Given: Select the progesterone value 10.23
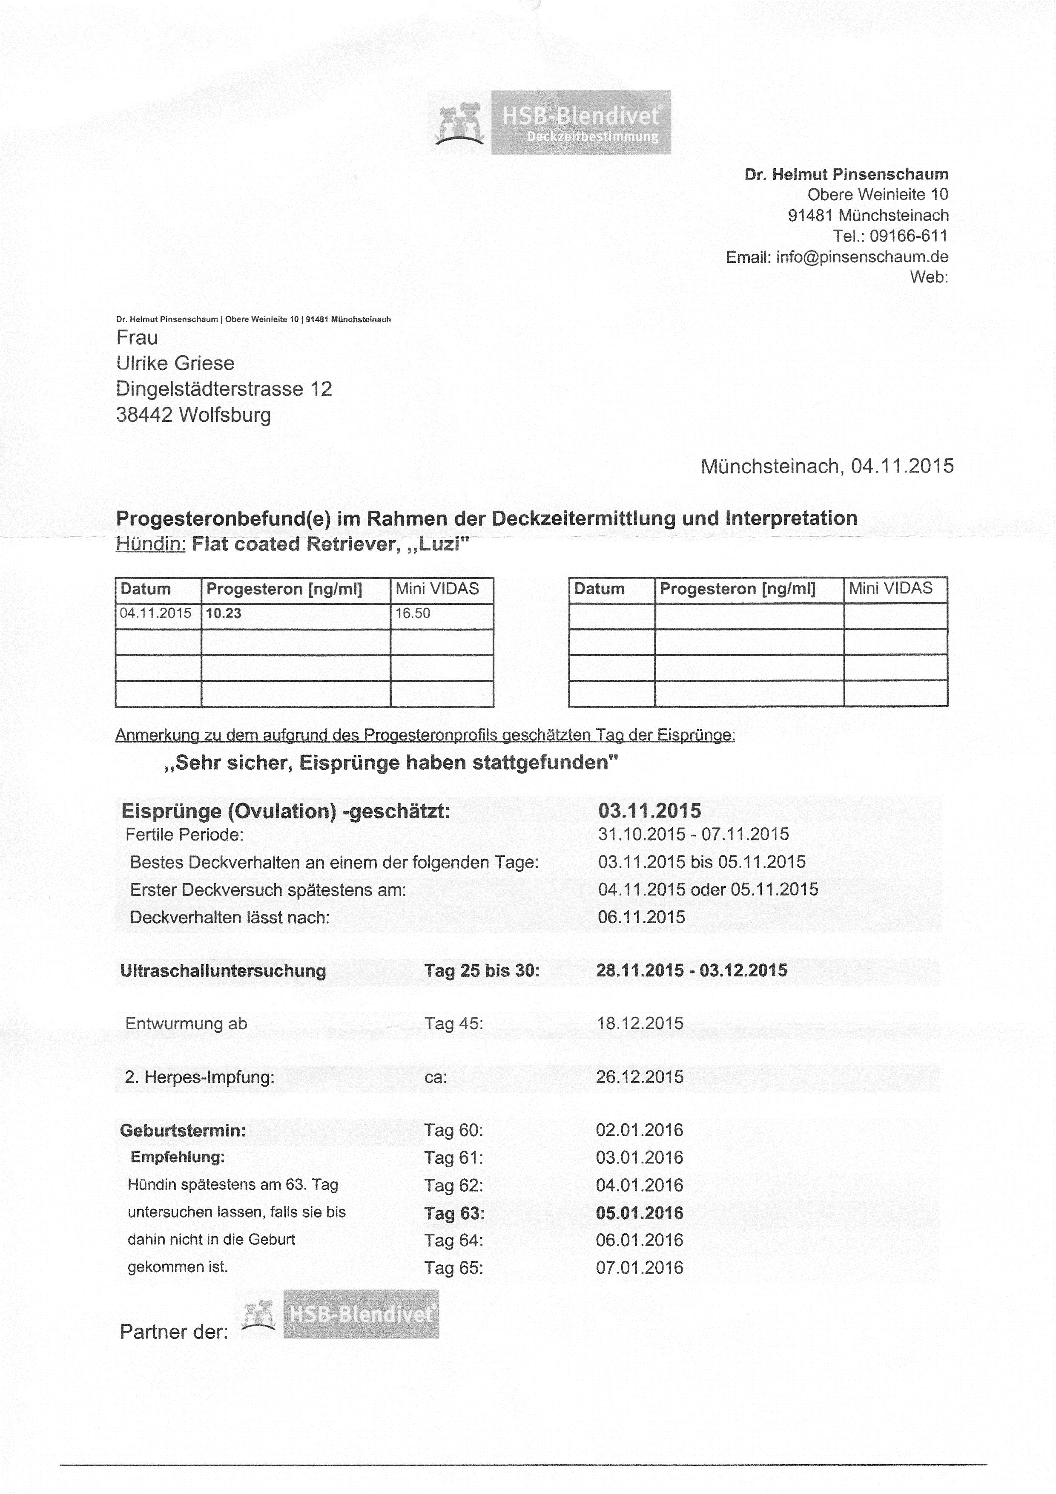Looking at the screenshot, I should click(224, 613).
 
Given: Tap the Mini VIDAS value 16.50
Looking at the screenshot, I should click(413, 613).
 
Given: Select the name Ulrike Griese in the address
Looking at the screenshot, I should click(175, 363).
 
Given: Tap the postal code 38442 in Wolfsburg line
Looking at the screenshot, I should click(143, 415).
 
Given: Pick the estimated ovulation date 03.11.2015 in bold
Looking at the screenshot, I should click(650, 811).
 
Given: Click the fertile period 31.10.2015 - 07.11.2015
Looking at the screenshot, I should click(693, 834).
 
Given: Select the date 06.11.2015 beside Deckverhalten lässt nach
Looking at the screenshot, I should click(641, 918).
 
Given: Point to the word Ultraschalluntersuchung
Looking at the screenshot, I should click(223, 971).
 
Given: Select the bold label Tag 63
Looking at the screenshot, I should click(454, 1214).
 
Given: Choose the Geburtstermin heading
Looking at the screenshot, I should click(183, 1130).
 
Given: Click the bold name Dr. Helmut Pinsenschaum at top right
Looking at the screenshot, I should click(847, 174).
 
